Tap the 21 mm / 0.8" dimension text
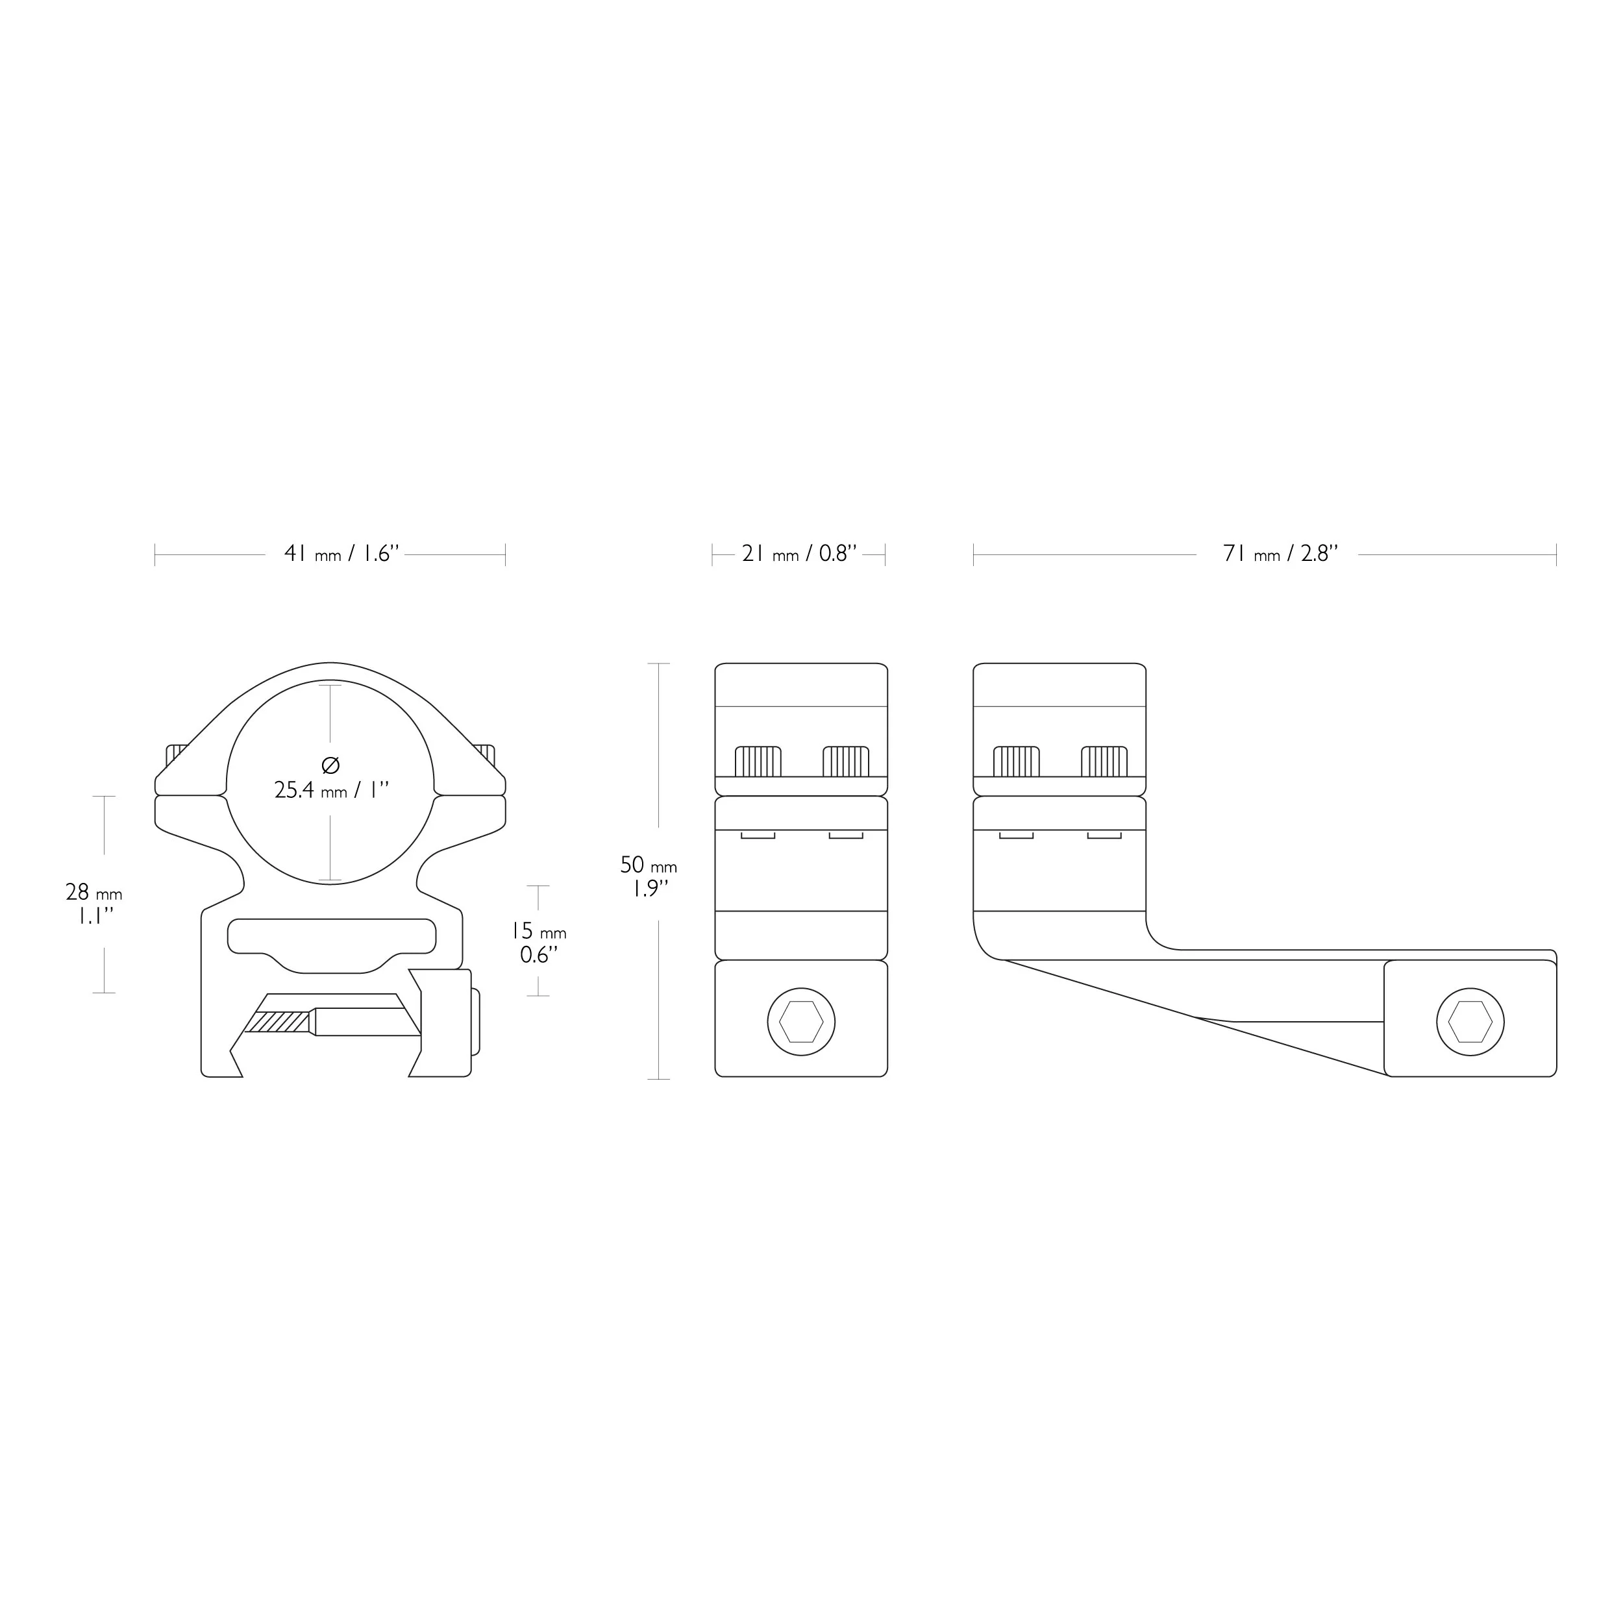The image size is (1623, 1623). [799, 554]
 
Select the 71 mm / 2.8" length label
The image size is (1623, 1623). [1280, 554]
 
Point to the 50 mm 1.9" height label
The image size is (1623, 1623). [649, 877]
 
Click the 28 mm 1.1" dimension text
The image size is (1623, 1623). [94, 904]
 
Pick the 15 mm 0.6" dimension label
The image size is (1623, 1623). [538, 943]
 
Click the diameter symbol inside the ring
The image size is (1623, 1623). [330, 765]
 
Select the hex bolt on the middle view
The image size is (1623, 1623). [801, 1021]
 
